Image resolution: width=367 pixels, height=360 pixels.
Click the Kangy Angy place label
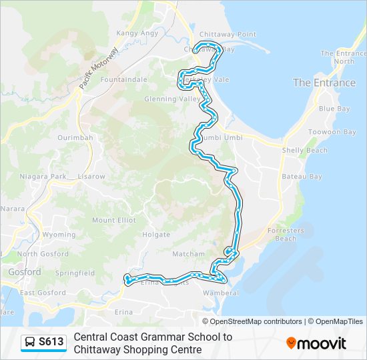(x=137, y=33)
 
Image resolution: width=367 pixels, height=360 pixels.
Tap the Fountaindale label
(x=123, y=79)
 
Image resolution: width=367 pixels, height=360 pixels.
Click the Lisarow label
(x=91, y=177)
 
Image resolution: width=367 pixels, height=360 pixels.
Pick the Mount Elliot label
(x=113, y=220)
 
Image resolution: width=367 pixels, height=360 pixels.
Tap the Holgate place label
(x=157, y=235)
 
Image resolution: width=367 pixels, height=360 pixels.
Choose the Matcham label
(x=189, y=254)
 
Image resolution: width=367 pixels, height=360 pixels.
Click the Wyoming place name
(x=59, y=235)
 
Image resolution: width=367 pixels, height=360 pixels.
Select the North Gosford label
(x=43, y=254)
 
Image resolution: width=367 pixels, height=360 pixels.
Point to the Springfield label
(x=75, y=273)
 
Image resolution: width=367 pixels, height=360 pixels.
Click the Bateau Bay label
(x=302, y=177)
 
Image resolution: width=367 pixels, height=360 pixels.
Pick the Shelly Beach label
(x=304, y=151)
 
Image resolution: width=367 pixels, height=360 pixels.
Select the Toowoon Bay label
(x=332, y=132)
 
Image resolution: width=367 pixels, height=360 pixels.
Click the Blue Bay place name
(x=334, y=109)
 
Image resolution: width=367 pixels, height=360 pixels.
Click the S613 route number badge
(x=44, y=343)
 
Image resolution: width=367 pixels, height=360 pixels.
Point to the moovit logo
(x=316, y=343)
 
